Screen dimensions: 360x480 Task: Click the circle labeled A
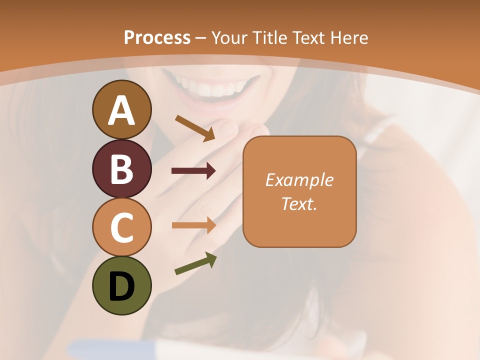121,109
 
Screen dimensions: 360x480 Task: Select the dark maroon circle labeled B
121,168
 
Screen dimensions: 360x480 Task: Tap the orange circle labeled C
121,227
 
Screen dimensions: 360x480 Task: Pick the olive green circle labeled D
121,285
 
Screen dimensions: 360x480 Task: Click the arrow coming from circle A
195,127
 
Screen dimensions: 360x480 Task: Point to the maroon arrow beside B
193,170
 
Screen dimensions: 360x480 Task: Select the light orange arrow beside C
193,225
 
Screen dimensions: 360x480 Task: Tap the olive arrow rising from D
195,263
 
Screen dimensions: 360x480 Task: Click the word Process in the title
157,37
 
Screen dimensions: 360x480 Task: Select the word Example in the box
299,180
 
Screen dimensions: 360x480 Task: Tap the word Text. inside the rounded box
299,203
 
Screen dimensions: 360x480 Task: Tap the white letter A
121,110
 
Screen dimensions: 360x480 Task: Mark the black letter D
121,286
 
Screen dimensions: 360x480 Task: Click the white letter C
121,227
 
